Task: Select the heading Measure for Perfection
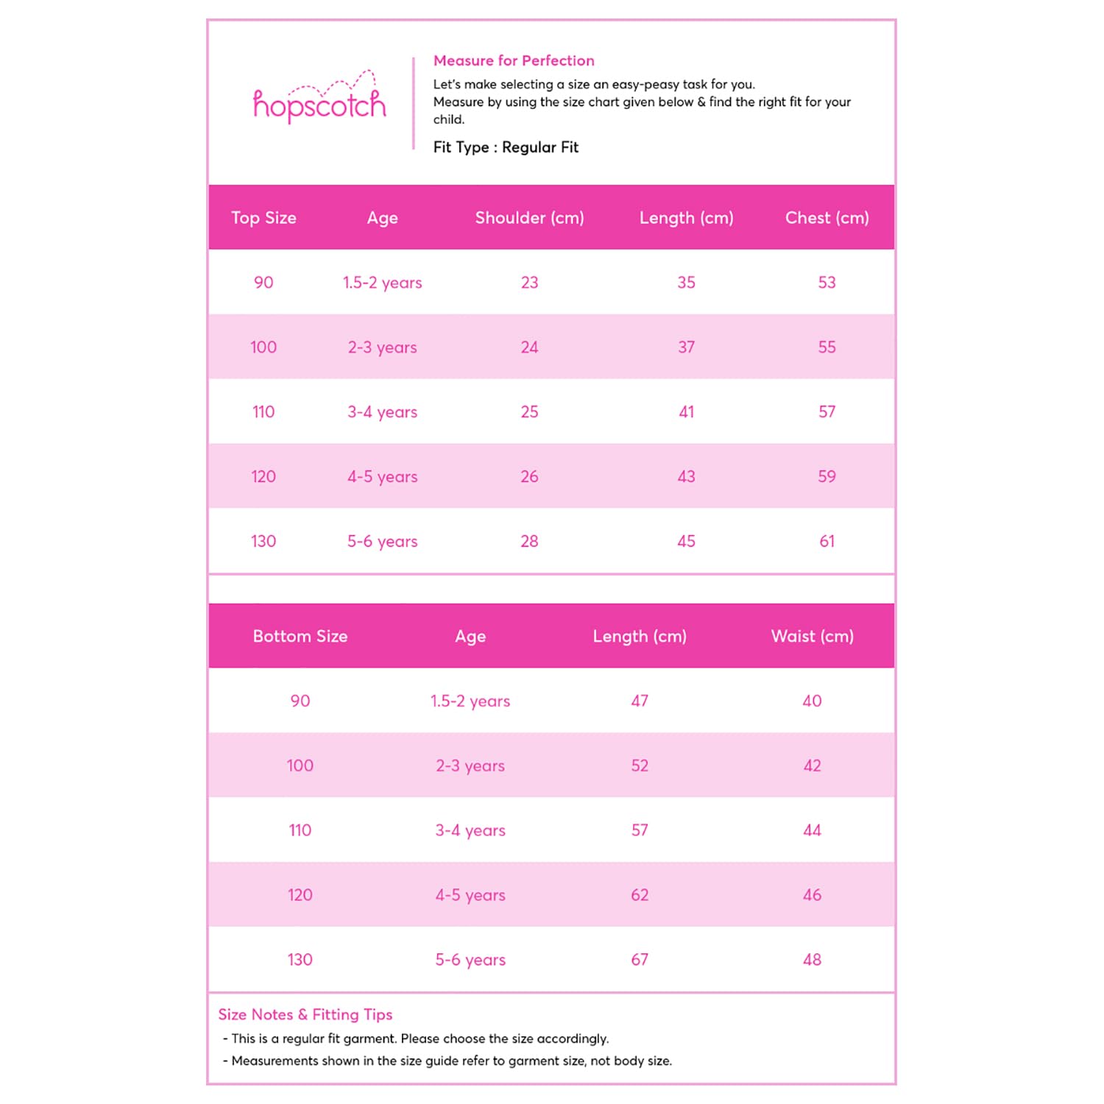(x=514, y=60)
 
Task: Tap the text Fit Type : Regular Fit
(x=506, y=147)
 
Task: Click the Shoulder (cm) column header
(x=529, y=218)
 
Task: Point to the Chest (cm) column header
(x=827, y=218)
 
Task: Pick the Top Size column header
(x=263, y=218)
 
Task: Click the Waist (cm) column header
(x=812, y=636)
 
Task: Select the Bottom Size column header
(x=300, y=636)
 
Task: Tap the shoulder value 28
(x=529, y=541)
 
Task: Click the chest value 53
(x=827, y=283)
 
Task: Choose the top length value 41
(x=686, y=412)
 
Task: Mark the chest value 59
(x=827, y=476)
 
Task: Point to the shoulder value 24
(x=529, y=347)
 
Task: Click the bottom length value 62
(x=640, y=895)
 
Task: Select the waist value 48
(x=812, y=960)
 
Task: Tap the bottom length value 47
(x=640, y=701)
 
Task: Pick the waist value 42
(x=812, y=765)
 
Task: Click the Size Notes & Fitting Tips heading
(x=305, y=1014)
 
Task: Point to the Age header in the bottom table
(x=470, y=636)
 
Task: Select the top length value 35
(x=686, y=283)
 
